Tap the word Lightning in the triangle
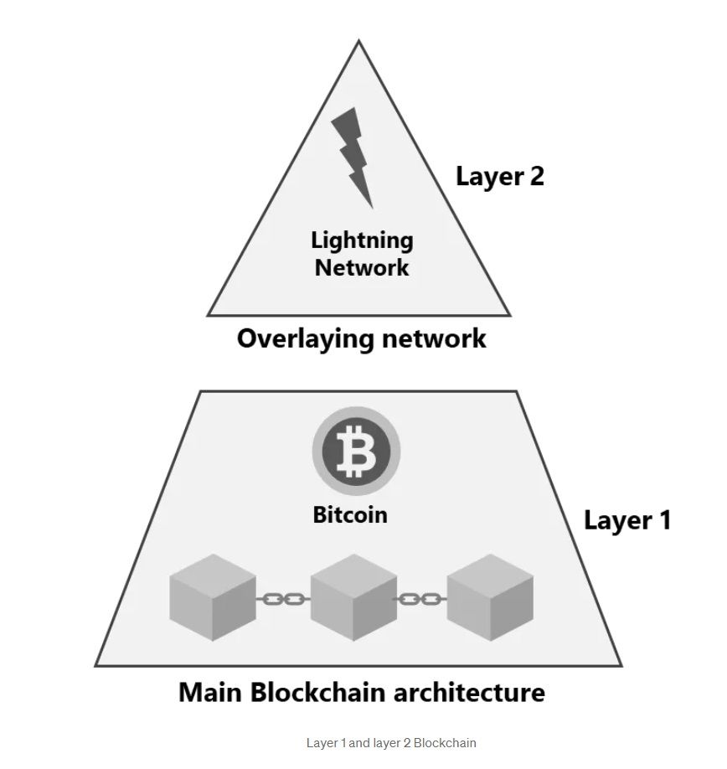[362, 240]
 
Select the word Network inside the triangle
[362, 268]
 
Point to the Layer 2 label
[499, 176]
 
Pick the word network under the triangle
[433, 338]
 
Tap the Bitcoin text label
[350, 514]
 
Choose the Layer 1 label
[626, 520]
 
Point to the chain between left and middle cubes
[283, 599]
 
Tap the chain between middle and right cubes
[421, 599]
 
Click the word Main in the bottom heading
[210, 693]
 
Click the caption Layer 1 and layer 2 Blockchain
[391, 743]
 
